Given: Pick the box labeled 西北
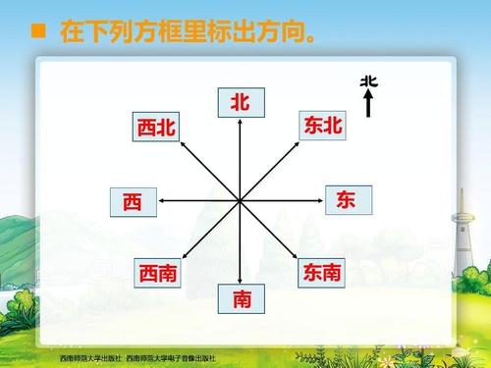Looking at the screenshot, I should tap(156, 127).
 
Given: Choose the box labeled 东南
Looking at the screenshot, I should tap(322, 272).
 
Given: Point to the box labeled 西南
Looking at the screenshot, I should tap(157, 273).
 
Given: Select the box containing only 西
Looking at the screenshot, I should tap(133, 201).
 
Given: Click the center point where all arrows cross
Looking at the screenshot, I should tap(241, 200).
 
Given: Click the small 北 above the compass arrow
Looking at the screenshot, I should tap(368, 81).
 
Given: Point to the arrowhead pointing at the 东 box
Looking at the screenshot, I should tap(322, 200).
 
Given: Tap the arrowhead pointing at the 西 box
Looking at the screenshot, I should tap(160, 200).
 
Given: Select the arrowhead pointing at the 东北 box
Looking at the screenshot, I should tap(298, 143).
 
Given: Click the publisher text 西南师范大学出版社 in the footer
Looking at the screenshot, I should tap(89, 358).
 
